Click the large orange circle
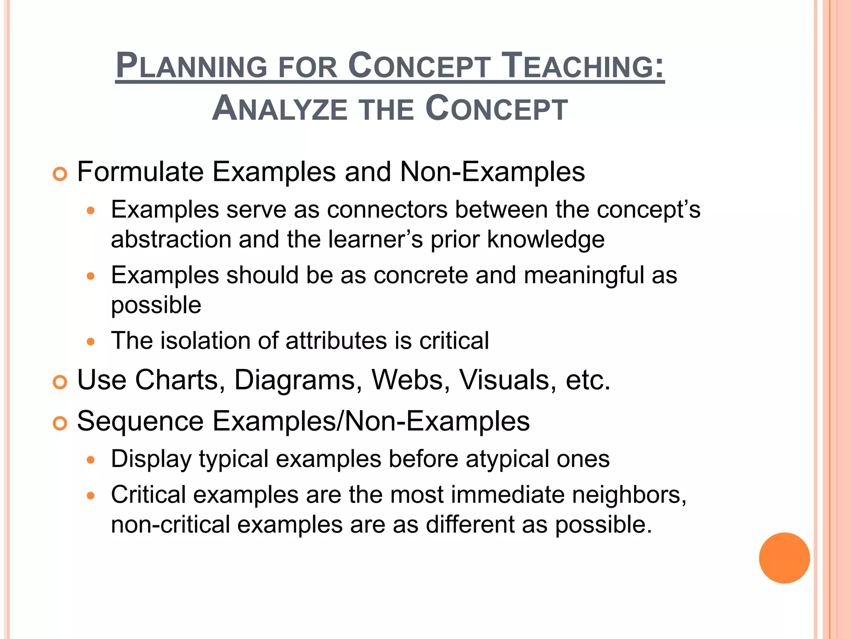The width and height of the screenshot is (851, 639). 784,558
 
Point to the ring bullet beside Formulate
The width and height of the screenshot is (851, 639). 60,174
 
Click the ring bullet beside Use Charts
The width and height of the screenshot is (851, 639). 60,382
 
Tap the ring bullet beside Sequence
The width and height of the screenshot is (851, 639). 60,424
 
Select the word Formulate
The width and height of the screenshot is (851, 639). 140,171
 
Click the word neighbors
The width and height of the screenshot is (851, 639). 629,495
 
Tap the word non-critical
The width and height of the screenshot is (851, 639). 170,524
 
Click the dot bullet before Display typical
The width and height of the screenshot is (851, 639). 91,461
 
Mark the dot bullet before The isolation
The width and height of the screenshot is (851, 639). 91,342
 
